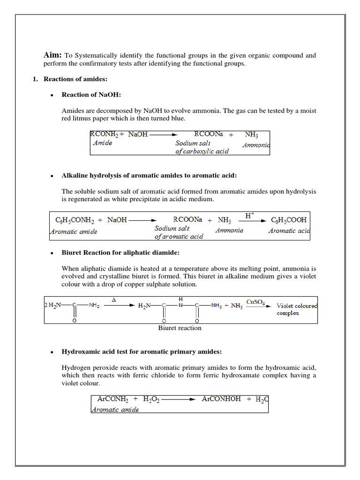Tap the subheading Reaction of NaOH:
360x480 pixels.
point(91,95)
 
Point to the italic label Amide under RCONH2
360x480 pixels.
point(103,143)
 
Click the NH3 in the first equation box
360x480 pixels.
point(252,135)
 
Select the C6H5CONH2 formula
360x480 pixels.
point(75,219)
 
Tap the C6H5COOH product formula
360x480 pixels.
point(289,219)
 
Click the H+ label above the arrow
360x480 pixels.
point(250,215)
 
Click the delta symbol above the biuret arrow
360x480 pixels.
point(113,299)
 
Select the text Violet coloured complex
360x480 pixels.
point(296,309)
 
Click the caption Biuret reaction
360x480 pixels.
point(180,328)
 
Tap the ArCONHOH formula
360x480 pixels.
point(221,399)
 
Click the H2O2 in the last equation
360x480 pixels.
point(151,399)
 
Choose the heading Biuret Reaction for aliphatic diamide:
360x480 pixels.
point(120,253)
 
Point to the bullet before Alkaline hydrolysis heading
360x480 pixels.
point(52,176)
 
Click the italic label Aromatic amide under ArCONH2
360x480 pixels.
point(115,409)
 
